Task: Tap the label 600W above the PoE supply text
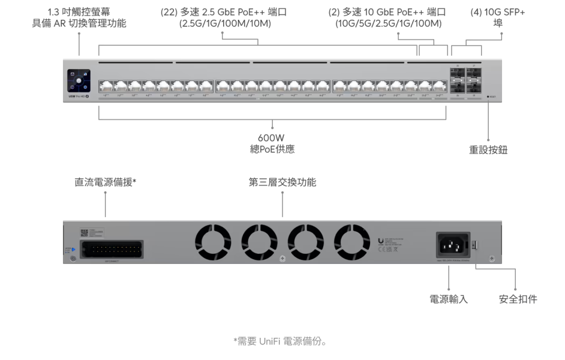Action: pyautogui.click(x=271, y=137)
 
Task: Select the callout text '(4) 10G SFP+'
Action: pyautogui.click(x=498, y=12)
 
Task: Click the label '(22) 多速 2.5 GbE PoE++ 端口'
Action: pyautogui.click(x=224, y=12)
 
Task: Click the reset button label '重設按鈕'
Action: pyautogui.click(x=488, y=150)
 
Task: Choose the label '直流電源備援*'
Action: pyautogui.click(x=105, y=181)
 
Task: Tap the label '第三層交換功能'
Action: pyautogui.click(x=282, y=181)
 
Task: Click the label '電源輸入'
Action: pyautogui.click(x=449, y=299)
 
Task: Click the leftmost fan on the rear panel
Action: pyautogui.click(x=213, y=242)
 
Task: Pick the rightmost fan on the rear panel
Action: pyautogui.click(x=351, y=242)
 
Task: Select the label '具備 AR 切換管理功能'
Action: pyautogui.click(x=79, y=23)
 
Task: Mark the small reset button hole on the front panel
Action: pyautogui.click(x=488, y=96)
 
